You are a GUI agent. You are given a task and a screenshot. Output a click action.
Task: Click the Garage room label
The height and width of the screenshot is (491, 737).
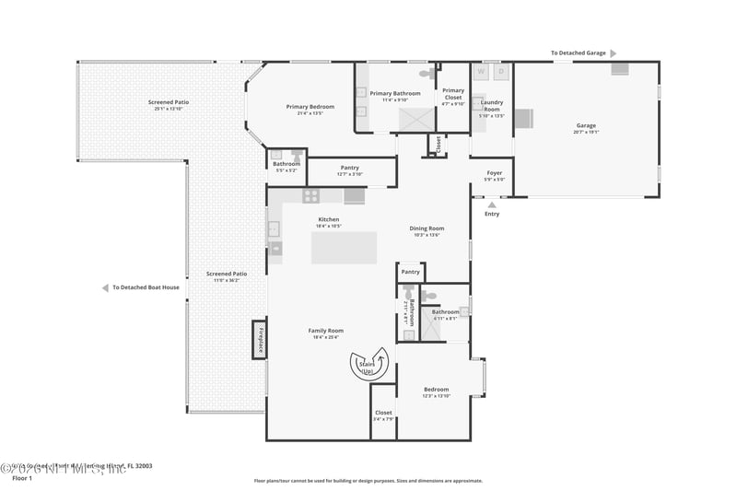pyautogui.click(x=586, y=126)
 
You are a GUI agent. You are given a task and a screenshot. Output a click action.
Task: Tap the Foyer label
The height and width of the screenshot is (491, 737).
pyautogui.click(x=495, y=172)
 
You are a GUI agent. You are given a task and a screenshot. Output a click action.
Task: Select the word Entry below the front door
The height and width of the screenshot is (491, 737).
pyautogui.click(x=492, y=214)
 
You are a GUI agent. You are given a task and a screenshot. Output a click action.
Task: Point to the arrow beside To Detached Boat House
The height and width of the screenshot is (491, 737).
pyautogui.click(x=105, y=287)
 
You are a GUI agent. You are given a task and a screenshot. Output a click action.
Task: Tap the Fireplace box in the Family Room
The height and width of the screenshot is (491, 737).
pyautogui.click(x=260, y=340)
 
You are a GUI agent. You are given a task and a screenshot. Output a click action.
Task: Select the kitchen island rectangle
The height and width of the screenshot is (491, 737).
pyautogui.click(x=344, y=248)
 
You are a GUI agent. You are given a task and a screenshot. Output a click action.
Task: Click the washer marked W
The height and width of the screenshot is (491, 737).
pyautogui.click(x=481, y=71)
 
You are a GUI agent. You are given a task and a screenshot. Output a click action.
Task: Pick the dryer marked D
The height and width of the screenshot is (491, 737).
pyautogui.click(x=502, y=71)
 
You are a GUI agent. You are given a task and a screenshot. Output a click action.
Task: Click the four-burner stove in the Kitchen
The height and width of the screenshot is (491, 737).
pyautogui.click(x=311, y=195)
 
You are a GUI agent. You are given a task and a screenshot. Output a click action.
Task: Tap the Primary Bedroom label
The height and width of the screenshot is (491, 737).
pyautogui.click(x=310, y=107)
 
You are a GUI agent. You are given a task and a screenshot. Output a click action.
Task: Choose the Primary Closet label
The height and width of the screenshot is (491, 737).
pyautogui.click(x=453, y=93)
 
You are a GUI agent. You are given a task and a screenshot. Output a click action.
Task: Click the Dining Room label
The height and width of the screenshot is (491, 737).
pyautogui.click(x=427, y=228)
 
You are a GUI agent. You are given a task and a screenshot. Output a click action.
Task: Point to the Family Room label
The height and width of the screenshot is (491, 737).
pyautogui.click(x=325, y=330)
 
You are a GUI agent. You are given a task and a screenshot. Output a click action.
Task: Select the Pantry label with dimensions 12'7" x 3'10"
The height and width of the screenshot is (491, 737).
pyautogui.click(x=349, y=168)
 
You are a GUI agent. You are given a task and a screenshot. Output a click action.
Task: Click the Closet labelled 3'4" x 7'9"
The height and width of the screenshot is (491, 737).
pyautogui.click(x=383, y=413)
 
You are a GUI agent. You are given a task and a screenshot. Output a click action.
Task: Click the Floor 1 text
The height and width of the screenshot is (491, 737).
pyautogui.click(x=21, y=479)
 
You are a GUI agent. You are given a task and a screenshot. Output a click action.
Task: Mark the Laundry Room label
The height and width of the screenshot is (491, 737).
pyautogui.click(x=492, y=105)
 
